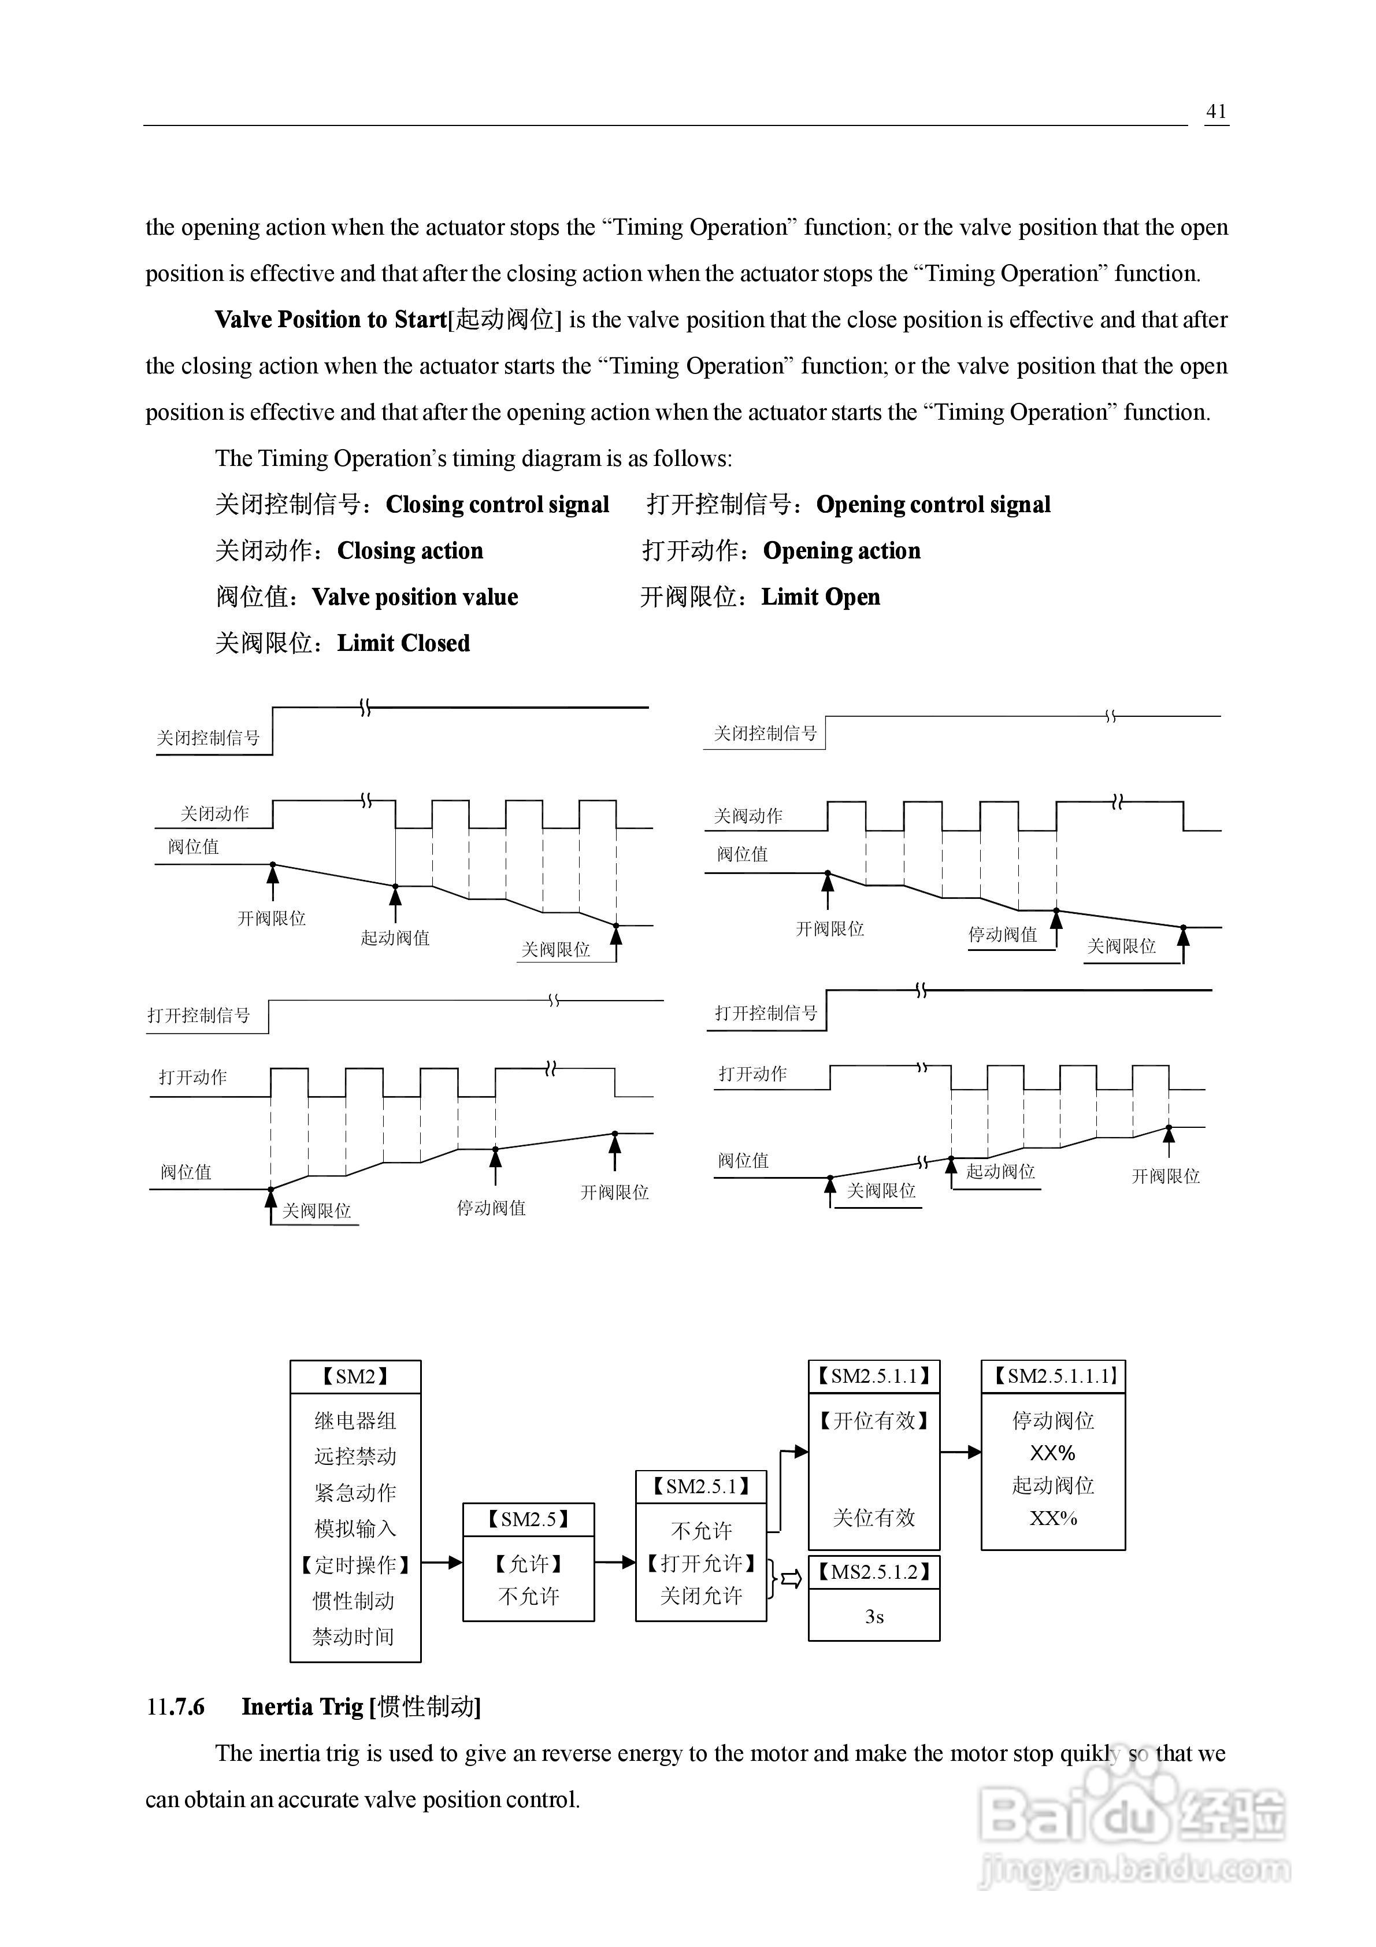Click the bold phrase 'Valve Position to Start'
[x=330, y=320]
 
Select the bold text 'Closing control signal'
[x=498, y=505]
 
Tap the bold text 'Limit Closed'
[x=403, y=643]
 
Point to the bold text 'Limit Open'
[x=821, y=597]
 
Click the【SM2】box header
[x=355, y=1376]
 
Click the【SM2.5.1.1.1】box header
[x=1053, y=1376]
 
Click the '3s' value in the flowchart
[x=874, y=1617]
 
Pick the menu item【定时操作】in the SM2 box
[x=355, y=1564]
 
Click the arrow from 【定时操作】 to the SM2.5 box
[x=442, y=1562]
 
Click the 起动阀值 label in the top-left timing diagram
[x=395, y=938]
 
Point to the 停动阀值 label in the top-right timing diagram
[x=1003, y=935]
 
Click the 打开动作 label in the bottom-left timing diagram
[x=193, y=1077]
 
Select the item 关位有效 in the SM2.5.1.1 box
[x=874, y=1518]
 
